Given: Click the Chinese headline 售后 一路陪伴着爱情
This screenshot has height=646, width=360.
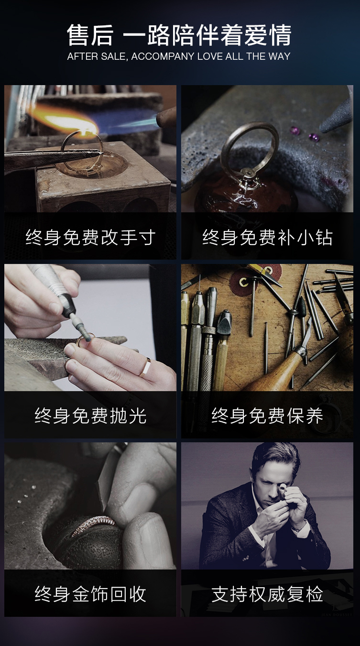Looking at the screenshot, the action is pyautogui.click(x=179, y=35).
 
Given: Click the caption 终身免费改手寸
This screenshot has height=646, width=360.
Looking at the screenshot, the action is pyautogui.click(x=90, y=237).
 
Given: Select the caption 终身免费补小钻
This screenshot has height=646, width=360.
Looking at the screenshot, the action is pyautogui.click(x=267, y=237).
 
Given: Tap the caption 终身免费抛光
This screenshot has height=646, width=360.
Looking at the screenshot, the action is pyautogui.click(x=90, y=416).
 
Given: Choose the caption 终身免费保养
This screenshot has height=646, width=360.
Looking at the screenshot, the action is pyautogui.click(x=267, y=416).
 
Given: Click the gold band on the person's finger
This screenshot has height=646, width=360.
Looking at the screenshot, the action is pyautogui.click(x=145, y=367).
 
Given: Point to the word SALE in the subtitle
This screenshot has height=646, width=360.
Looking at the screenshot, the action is pyautogui.click(x=113, y=56).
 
